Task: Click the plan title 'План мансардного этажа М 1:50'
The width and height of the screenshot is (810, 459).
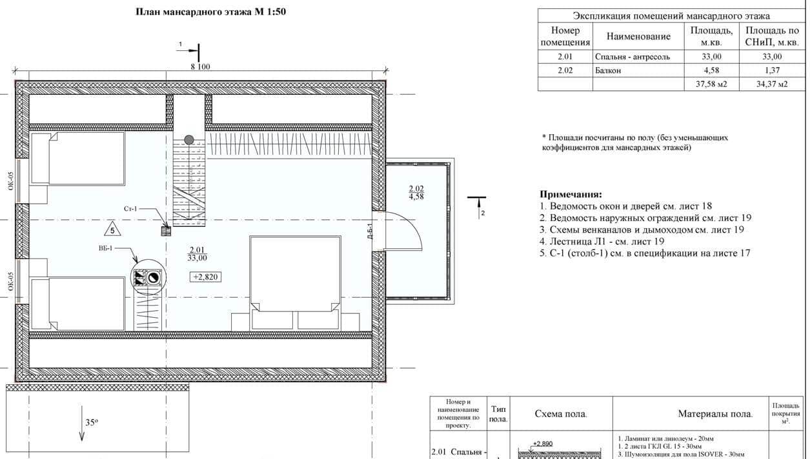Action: pos(210,12)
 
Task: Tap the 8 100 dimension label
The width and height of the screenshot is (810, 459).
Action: pos(200,67)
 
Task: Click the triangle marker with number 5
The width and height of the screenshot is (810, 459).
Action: pos(112,229)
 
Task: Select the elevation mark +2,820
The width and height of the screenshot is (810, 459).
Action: pos(205,277)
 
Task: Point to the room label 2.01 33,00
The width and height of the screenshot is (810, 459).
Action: pos(197,253)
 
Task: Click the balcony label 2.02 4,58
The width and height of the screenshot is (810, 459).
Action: pos(416,193)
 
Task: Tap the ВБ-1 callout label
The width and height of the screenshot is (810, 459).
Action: pos(106,248)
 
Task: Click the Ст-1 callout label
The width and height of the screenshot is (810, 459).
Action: pos(130,209)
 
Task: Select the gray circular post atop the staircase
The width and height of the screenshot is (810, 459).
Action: pos(188,139)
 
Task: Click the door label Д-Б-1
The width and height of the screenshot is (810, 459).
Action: pos(369,230)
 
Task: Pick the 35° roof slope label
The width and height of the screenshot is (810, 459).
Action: pos(92,422)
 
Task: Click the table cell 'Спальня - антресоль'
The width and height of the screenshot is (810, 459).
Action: pos(633,57)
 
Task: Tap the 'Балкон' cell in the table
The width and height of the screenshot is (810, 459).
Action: pos(608,70)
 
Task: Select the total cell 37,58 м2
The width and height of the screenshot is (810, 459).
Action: pos(711,84)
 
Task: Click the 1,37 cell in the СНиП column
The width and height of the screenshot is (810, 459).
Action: pos(772,70)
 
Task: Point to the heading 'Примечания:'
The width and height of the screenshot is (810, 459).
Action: pos(571,194)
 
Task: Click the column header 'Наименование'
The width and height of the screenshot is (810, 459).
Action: pos(638,36)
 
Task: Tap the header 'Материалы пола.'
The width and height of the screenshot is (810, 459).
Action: pos(715,413)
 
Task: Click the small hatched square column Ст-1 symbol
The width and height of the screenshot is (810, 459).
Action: pos(166,231)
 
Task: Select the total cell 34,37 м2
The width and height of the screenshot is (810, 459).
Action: pos(772,84)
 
